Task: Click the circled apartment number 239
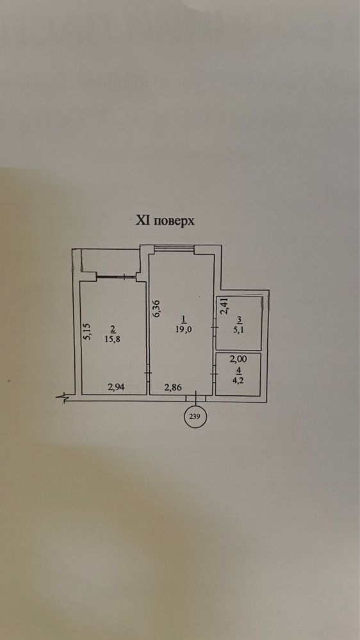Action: pos(195,417)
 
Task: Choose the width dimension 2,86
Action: pos(172,388)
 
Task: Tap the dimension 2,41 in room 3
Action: pos(224,306)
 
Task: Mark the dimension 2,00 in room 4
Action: pos(239,359)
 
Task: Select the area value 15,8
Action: pos(113,338)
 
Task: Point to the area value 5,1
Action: pos(238,330)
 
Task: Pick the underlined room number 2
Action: pos(113,328)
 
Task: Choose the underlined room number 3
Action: pos(238,319)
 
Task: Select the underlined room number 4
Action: pos(239,370)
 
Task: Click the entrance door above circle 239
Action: pos(196,398)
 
